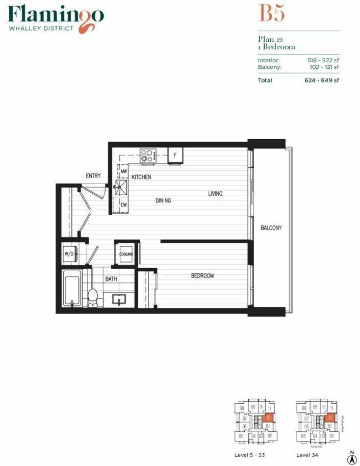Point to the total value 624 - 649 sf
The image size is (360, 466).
(322, 80)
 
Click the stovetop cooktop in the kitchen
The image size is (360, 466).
(148, 155)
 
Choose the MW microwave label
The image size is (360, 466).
(123, 172)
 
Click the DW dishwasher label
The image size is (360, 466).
(123, 204)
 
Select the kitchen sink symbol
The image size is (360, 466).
(122, 187)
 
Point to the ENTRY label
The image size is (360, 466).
(93, 176)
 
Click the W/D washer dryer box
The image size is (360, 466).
(69, 253)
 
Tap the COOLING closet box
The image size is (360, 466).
(126, 254)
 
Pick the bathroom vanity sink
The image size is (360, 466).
(120, 298)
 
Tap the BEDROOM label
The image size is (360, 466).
(202, 276)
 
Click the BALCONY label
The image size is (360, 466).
(271, 228)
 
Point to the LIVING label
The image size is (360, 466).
(215, 193)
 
